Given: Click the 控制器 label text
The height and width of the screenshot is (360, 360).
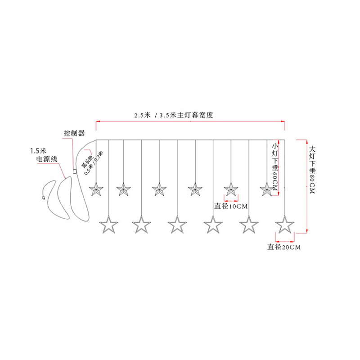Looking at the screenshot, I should (x=74, y=134).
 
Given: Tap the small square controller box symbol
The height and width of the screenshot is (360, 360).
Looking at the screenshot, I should (x=75, y=171).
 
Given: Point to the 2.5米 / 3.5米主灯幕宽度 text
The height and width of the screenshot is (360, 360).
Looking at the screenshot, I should (x=173, y=115).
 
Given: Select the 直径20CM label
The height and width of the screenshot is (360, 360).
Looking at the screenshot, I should (x=283, y=247).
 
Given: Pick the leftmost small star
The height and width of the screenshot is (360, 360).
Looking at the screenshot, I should (x=95, y=189).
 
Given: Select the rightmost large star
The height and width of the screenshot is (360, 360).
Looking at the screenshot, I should (x=284, y=224).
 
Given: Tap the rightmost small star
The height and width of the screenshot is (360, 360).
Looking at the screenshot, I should (x=267, y=189).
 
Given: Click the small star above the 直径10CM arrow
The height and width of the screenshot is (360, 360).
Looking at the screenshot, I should (x=231, y=189).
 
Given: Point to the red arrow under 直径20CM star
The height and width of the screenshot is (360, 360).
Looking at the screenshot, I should (x=284, y=234).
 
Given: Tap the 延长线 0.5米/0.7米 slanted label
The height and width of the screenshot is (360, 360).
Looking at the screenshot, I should (x=93, y=161).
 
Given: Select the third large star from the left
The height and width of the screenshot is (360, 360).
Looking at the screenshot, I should (x=177, y=224).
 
